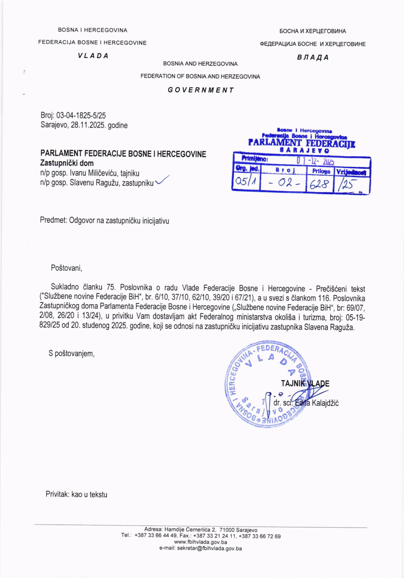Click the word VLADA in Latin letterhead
pos(93,56)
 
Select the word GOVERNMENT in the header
pos(201,90)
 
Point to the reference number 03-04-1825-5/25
pos(81,116)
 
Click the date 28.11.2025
pos(88,125)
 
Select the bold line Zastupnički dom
pos(67,163)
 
